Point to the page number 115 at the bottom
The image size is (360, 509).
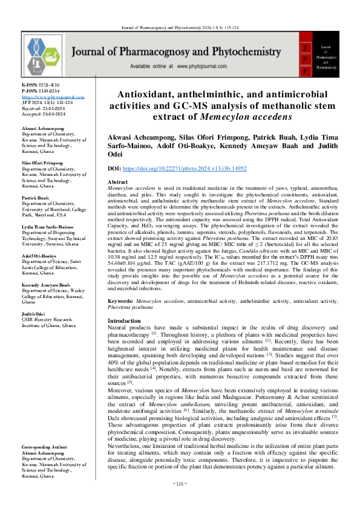(180, 501)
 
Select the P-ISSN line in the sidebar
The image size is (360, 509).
(41, 91)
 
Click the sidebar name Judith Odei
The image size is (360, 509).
(34, 315)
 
